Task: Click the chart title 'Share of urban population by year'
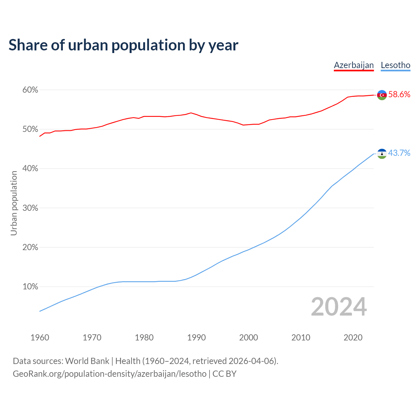(x=123, y=45)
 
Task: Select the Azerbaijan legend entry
(x=354, y=65)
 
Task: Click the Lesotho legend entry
(x=395, y=65)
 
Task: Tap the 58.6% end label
(x=399, y=95)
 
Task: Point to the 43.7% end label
(x=399, y=153)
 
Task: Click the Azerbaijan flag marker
(x=382, y=95)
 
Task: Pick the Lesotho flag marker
(x=382, y=154)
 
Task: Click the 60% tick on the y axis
(x=30, y=90)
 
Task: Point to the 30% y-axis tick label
(x=30, y=208)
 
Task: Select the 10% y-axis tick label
(x=30, y=287)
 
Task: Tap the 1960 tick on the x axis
(x=40, y=337)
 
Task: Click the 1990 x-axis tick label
(x=196, y=337)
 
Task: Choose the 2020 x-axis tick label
(x=353, y=337)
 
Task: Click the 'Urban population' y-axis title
(x=14, y=203)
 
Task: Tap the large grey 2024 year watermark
(x=339, y=307)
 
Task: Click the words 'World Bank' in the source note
(x=87, y=361)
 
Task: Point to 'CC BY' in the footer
(x=225, y=374)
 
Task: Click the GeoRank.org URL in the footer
(x=110, y=374)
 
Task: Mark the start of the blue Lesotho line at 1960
(x=40, y=311)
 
